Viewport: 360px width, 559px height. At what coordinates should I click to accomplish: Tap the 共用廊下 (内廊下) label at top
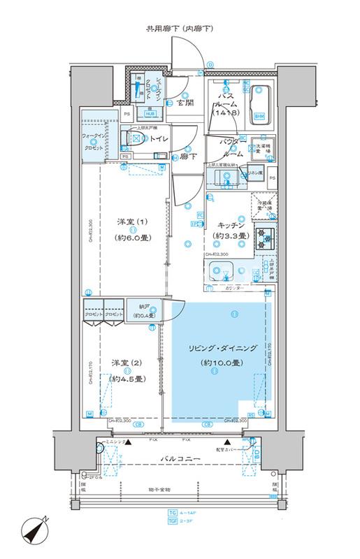180,29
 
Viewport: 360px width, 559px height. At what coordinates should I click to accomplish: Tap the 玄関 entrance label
185,106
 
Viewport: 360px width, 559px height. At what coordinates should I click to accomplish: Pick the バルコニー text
180,458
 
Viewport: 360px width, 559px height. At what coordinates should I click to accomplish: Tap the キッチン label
230,225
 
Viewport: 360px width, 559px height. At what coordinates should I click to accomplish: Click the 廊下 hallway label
186,158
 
